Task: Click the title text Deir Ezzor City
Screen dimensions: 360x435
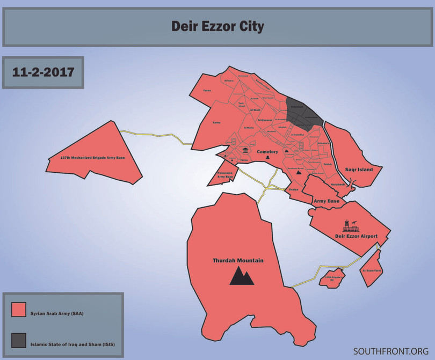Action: pos(218,26)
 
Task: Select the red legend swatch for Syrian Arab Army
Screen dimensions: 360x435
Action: pos(19,310)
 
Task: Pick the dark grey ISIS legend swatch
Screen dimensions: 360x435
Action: pos(19,341)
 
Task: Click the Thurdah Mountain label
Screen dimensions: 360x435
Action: pos(237,261)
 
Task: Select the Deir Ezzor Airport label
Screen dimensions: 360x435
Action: pos(356,236)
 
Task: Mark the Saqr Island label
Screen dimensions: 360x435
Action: pos(370,170)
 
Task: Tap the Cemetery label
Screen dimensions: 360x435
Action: pos(267,152)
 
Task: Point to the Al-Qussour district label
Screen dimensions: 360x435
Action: pos(266,121)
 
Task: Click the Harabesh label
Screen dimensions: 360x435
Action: pos(337,184)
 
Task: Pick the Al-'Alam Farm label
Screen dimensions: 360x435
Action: pos(371,270)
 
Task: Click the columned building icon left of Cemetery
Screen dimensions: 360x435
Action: pos(245,150)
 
